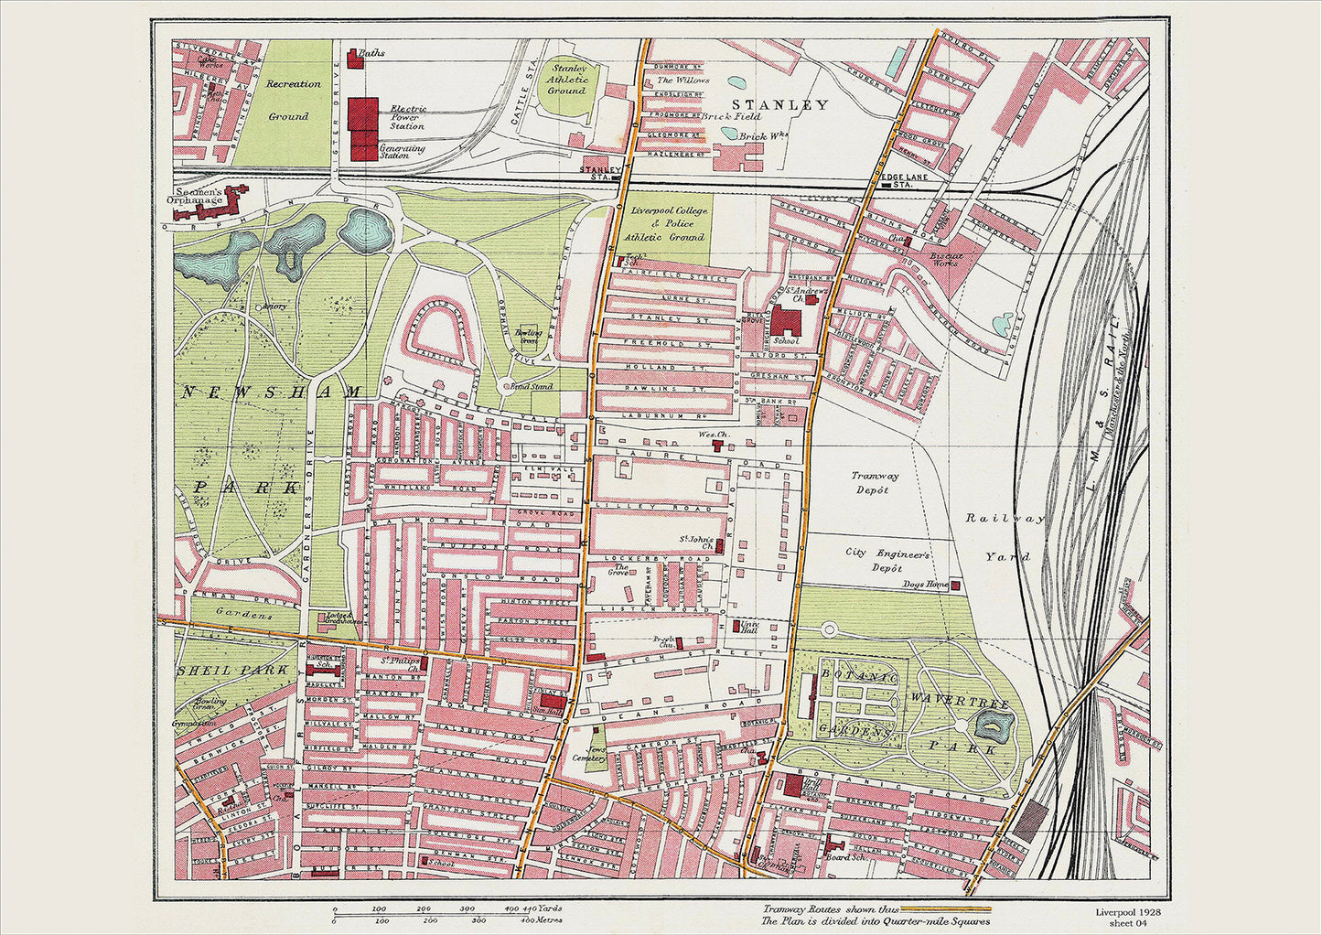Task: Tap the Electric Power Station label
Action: tap(407, 117)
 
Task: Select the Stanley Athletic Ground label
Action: tap(567, 78)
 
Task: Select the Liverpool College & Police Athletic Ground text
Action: tap(670, 224)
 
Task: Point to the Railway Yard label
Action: tap(1005, 537)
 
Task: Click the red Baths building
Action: tap(352, 58)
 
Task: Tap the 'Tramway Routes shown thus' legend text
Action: tap(829, 909)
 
